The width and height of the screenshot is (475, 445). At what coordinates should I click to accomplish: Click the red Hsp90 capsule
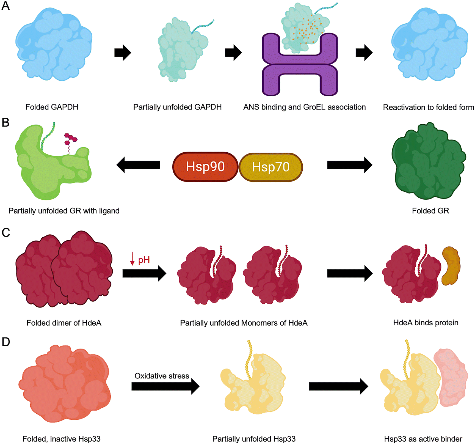205,167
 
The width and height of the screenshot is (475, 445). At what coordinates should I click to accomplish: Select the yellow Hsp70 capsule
271,167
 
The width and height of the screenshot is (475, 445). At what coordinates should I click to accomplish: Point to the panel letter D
6,342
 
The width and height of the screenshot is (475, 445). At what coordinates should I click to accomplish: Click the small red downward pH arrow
132,259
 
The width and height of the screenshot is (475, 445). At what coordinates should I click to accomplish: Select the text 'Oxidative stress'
162,376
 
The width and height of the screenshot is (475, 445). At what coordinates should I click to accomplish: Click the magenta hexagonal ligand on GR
70,139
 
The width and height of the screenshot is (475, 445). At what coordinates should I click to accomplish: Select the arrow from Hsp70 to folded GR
350,165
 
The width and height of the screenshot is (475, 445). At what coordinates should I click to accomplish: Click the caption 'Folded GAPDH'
52,107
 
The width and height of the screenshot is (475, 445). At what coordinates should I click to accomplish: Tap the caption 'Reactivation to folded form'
428,107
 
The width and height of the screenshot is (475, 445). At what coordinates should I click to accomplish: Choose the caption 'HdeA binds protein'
426,323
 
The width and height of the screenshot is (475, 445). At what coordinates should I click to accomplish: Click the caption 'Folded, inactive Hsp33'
61,439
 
